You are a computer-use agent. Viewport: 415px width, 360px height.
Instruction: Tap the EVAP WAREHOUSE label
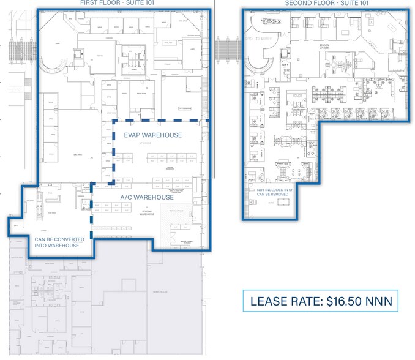click(152, 135)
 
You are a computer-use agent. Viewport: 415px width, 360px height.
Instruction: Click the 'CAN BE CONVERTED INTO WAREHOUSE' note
click(56, 242)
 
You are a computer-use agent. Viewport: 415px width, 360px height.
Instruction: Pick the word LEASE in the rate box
click(269, 301)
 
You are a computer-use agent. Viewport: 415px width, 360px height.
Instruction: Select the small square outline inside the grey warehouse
click(129, 285)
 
